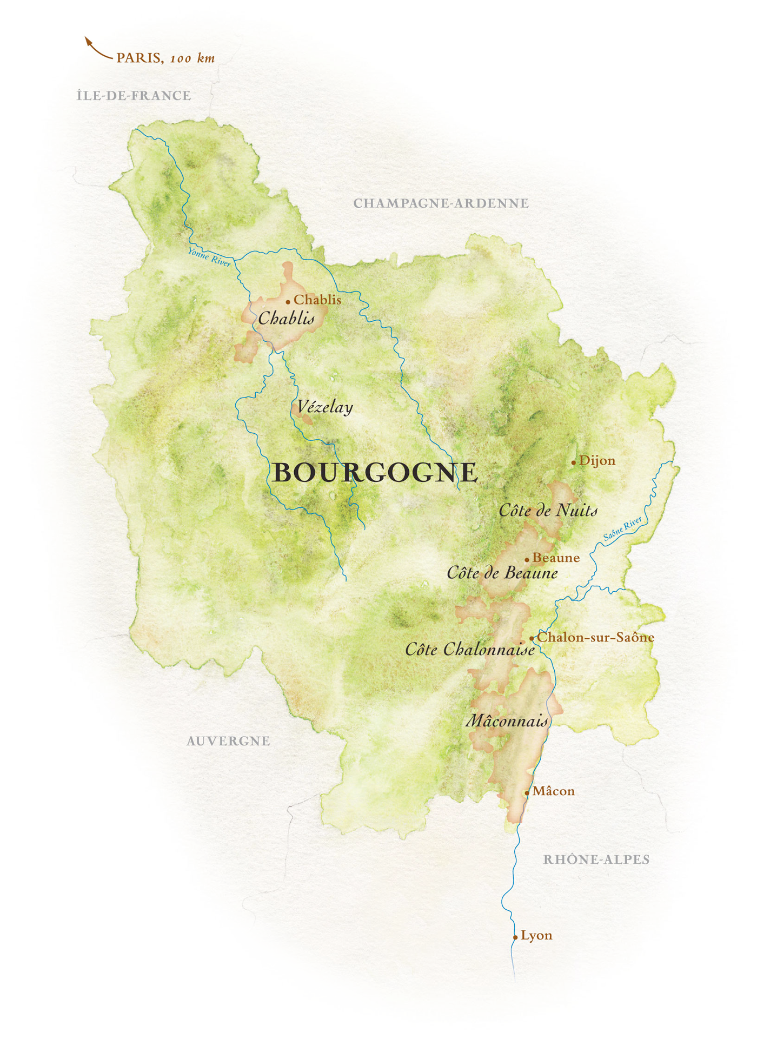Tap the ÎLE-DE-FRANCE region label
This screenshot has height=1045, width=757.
(134, 96)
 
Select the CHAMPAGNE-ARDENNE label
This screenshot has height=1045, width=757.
(441, 203)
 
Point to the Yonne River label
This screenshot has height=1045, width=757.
(209, 256)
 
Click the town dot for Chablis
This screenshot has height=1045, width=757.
(288, 302)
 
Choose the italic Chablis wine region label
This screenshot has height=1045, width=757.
(286, 318)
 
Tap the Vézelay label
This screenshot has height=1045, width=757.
(325, 407)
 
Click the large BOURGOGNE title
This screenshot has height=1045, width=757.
(375, 473)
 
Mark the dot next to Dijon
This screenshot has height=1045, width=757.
(574, 462)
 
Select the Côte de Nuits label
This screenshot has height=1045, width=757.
(548, 510)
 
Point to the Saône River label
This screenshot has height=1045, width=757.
(622, 528)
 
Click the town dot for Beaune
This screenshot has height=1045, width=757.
(527, 560)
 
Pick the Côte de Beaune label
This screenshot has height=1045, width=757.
(502, 573)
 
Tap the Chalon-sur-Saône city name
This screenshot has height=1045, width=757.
(595, 637)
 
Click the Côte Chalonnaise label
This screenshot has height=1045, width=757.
(470, 649)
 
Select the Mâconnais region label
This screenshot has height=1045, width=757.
(507, 720)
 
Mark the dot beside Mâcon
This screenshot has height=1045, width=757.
(527, 793)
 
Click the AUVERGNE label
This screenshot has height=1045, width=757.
(228, 741)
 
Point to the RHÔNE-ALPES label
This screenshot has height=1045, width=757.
(596, 859)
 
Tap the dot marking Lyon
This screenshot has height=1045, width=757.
(515, 937)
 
